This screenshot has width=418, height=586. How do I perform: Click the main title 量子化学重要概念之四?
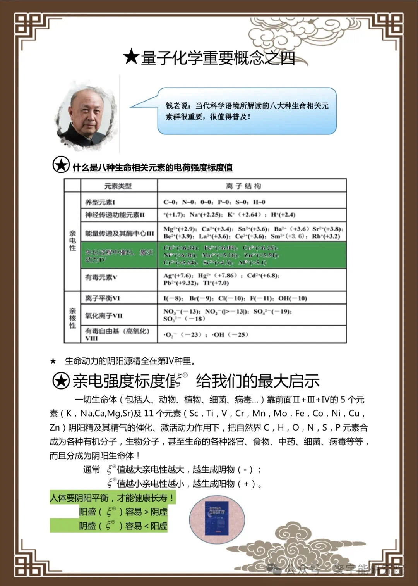(x=218, y=58)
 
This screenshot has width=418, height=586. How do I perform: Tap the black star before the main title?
(x=131, y=57)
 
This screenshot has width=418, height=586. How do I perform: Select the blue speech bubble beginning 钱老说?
(x=247, y=111)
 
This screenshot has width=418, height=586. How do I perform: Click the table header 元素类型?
(x=118, y=186)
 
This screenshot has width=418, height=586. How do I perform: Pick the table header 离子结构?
(x=243, y=186)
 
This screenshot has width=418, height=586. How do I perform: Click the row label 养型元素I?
(x=100, y=202)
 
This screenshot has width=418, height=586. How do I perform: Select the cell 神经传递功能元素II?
(x=115, y=215)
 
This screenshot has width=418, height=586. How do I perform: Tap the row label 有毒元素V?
(x=101, y=277)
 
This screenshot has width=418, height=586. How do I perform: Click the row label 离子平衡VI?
(x=103, y=298)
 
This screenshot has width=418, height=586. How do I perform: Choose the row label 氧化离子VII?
(x=104, y=315)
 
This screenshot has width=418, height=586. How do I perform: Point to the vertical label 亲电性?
(x=72, y=240)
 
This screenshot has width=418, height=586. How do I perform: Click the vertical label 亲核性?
(x=72, y=318)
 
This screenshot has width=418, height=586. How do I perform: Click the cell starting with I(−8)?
(x=235, y=298)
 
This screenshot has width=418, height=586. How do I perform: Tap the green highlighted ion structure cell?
(x=252, y=255)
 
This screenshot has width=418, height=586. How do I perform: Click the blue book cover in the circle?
(x=217, y=519)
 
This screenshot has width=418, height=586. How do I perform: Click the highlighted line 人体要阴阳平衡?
(x=112, y=498)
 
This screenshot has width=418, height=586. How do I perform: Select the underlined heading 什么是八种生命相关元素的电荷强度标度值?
(x=152, y=167)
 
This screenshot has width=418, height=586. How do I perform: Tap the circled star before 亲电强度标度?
(x=61, y=381)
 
